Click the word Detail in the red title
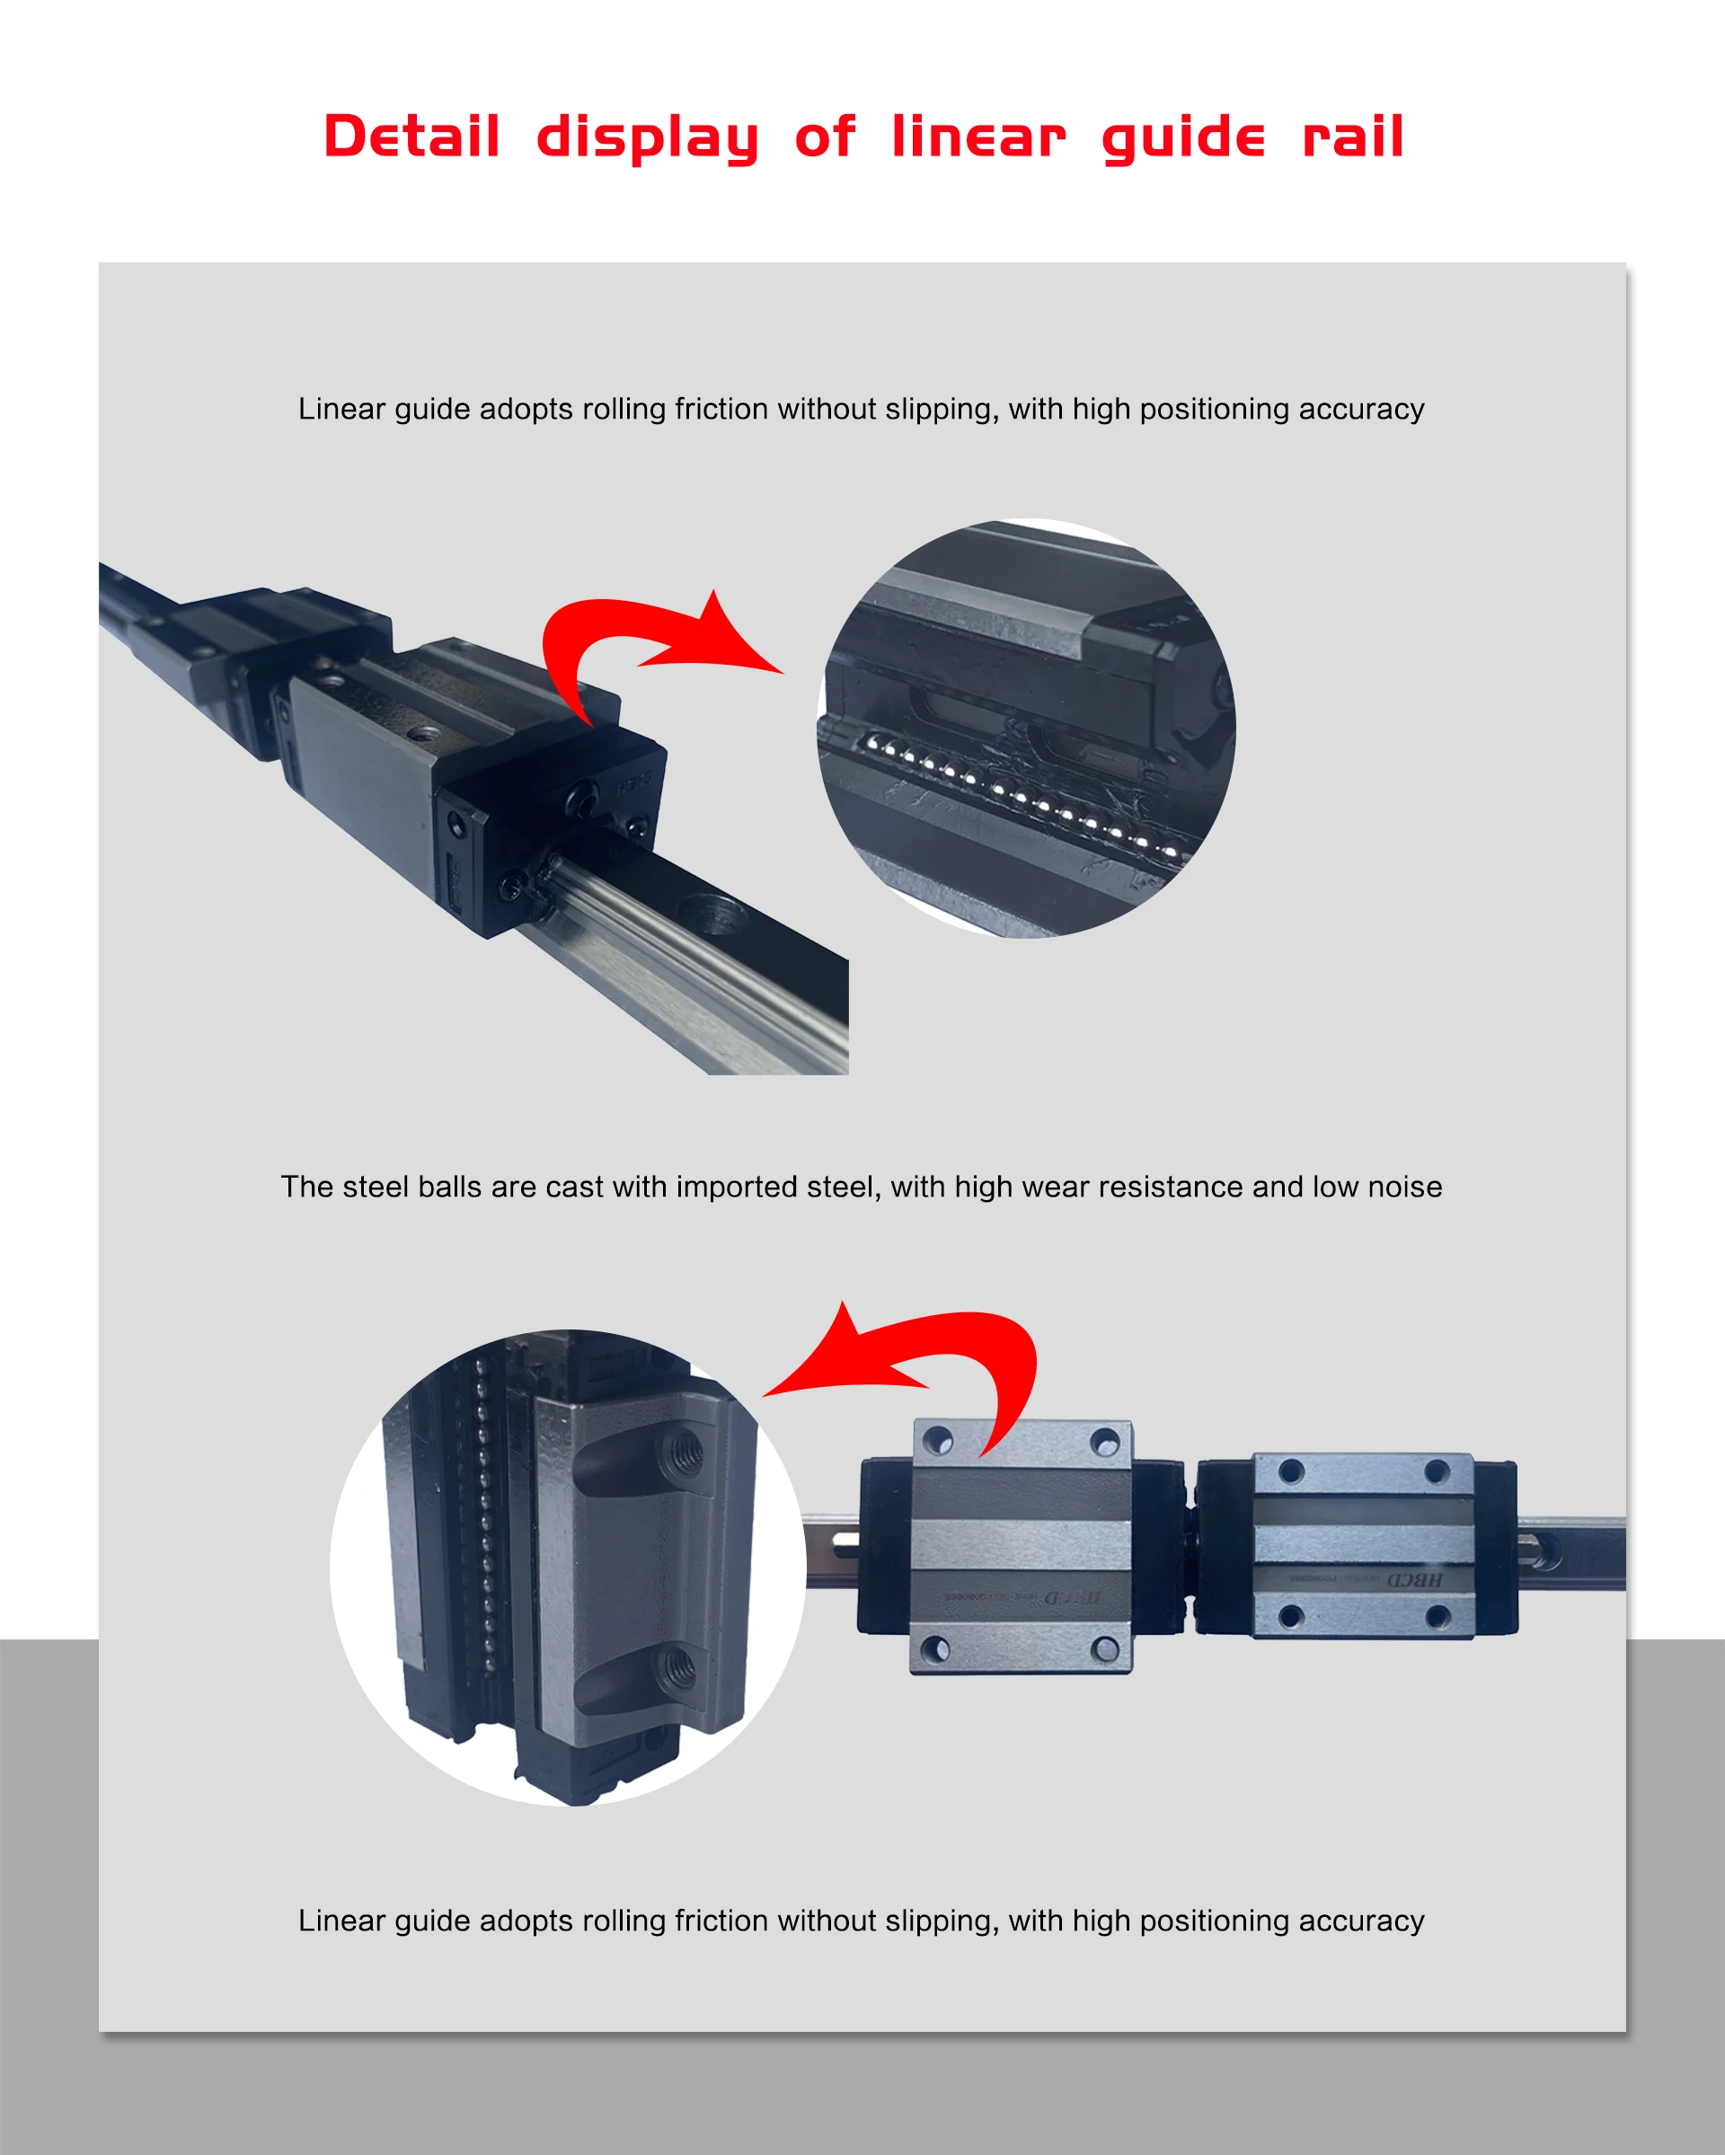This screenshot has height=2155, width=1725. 411,137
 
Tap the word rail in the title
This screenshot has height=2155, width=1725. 1353,137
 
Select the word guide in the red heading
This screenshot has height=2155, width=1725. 1183,137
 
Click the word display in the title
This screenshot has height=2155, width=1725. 648,137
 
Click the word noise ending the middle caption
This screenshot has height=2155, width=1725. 1404,1187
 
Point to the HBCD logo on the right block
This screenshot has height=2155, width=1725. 1414,1580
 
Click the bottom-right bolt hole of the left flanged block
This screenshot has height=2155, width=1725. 1105,1648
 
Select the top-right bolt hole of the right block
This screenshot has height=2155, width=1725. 1437,1471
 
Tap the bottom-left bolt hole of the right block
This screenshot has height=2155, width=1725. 1290,1616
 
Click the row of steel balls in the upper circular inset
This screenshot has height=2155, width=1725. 1020,796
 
